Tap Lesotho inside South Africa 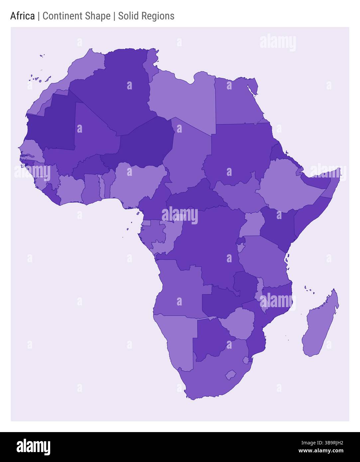click(230, 375)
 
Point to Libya click(183, 100)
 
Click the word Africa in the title click(22, 16)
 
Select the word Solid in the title click(128, 16)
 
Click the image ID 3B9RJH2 click(322, 442)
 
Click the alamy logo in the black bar click(33, 447)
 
